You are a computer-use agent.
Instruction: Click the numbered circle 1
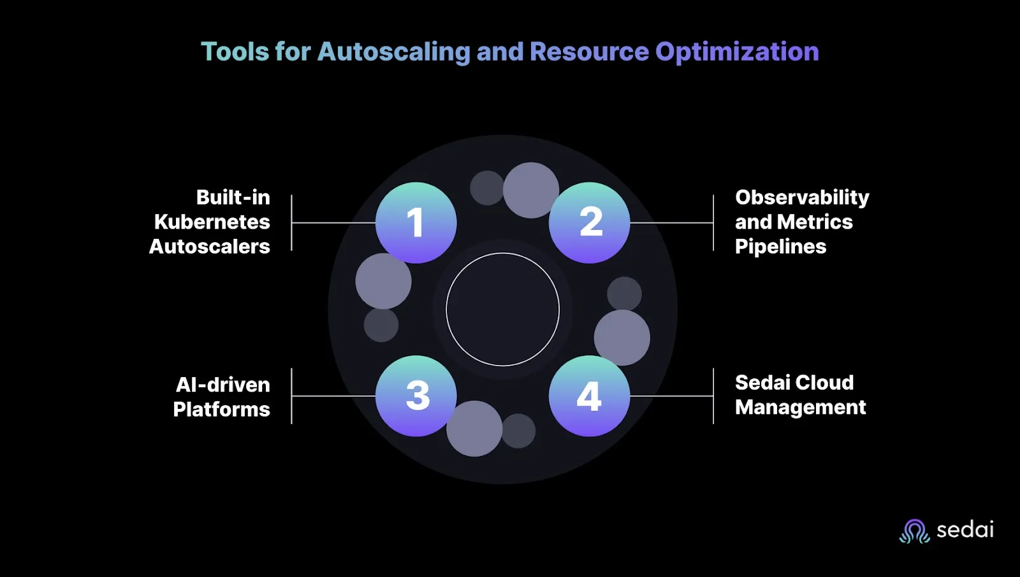pyautogui.click(x=416, y=223)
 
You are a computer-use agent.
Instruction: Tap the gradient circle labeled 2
pyautogui.click(x=590, y=223)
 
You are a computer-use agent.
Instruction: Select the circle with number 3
pyautogui.click(x=416, y=396)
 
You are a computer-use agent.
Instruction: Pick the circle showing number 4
pyautogui.click(x=590, y=396)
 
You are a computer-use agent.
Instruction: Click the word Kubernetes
pyautogui.click(x=212, y=222)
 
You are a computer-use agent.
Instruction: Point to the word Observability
pyautogui.click(x=802, y=197)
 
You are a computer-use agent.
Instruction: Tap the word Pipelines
pyautogui.click(x=780, y=246)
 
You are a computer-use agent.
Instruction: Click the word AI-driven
pyautogui.click(x=223, y=385)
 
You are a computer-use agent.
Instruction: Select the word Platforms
pyautogui.click(x=222, y=409)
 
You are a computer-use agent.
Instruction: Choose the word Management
pyautogui.click(x=801, y=408)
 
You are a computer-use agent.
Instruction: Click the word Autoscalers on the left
pyautogui.click(x=210, y=246)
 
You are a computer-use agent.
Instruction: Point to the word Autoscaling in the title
pyautogui.click(x=394, y=52)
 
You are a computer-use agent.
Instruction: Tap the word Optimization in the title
pyautogui.click(x=737, y=52)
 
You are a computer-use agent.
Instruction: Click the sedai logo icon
pyautogui.click(x=915, y=531)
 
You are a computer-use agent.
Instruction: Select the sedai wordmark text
pyautogui.click(x=965, y=530)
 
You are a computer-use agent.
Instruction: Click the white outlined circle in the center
pyautogui.click(x=503, y=310)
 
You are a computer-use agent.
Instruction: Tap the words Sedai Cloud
pyautogui.click(x=794, y=383)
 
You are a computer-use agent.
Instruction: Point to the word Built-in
pyautogui.click(x=233, y=197)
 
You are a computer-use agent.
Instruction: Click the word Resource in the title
pyautogui.click(x=589, y=52)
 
